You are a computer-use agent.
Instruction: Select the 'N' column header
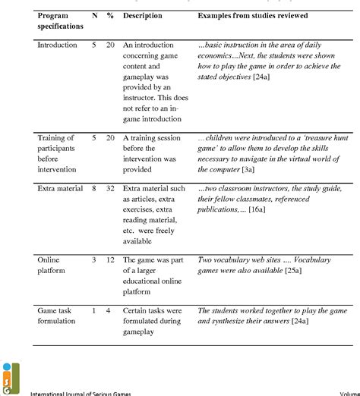pos(93,15)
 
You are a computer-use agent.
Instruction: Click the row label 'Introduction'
pos(57,46)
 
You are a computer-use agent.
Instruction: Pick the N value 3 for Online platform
pos(93,259)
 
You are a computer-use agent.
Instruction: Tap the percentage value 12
pos(110,259)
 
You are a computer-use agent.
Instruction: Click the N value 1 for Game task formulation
pos(93,310)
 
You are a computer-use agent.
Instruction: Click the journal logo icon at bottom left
pos(9,376)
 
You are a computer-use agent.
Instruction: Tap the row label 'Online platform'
pos(52,265)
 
